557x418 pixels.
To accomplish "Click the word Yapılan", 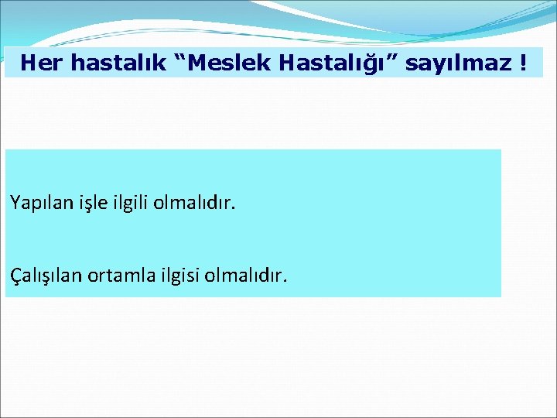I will coord(36,204).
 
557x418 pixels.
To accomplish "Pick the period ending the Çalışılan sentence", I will coord(285,279).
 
